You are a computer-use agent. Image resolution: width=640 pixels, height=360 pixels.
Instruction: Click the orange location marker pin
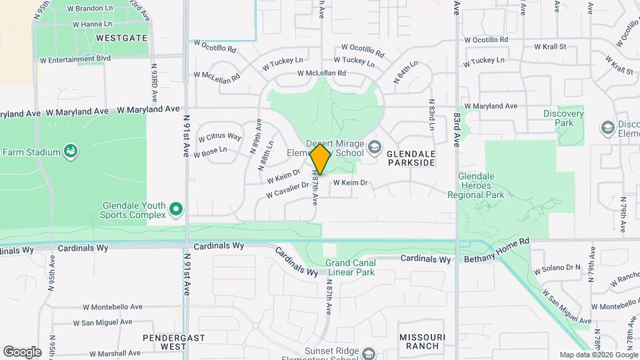[x=320, y=159]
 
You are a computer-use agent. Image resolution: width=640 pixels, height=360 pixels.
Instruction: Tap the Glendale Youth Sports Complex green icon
[x=176, y=210]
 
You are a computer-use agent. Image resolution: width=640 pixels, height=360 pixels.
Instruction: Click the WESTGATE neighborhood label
[x=121, y=38]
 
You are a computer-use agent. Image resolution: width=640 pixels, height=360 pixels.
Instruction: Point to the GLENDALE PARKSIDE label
[x=411, y=158]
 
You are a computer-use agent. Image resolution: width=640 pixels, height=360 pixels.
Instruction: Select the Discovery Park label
[x=563, y=119]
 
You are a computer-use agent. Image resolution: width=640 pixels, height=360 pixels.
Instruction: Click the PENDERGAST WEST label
[x=163, y=342]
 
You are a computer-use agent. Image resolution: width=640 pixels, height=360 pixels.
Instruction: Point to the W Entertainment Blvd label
[x=75, y=59]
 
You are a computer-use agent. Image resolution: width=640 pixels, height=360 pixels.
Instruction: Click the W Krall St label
[x=550, y=47]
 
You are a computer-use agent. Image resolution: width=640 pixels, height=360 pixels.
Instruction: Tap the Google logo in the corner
[x=22, y=352]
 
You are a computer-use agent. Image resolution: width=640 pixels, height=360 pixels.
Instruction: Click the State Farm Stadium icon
[x=70, y=152]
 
